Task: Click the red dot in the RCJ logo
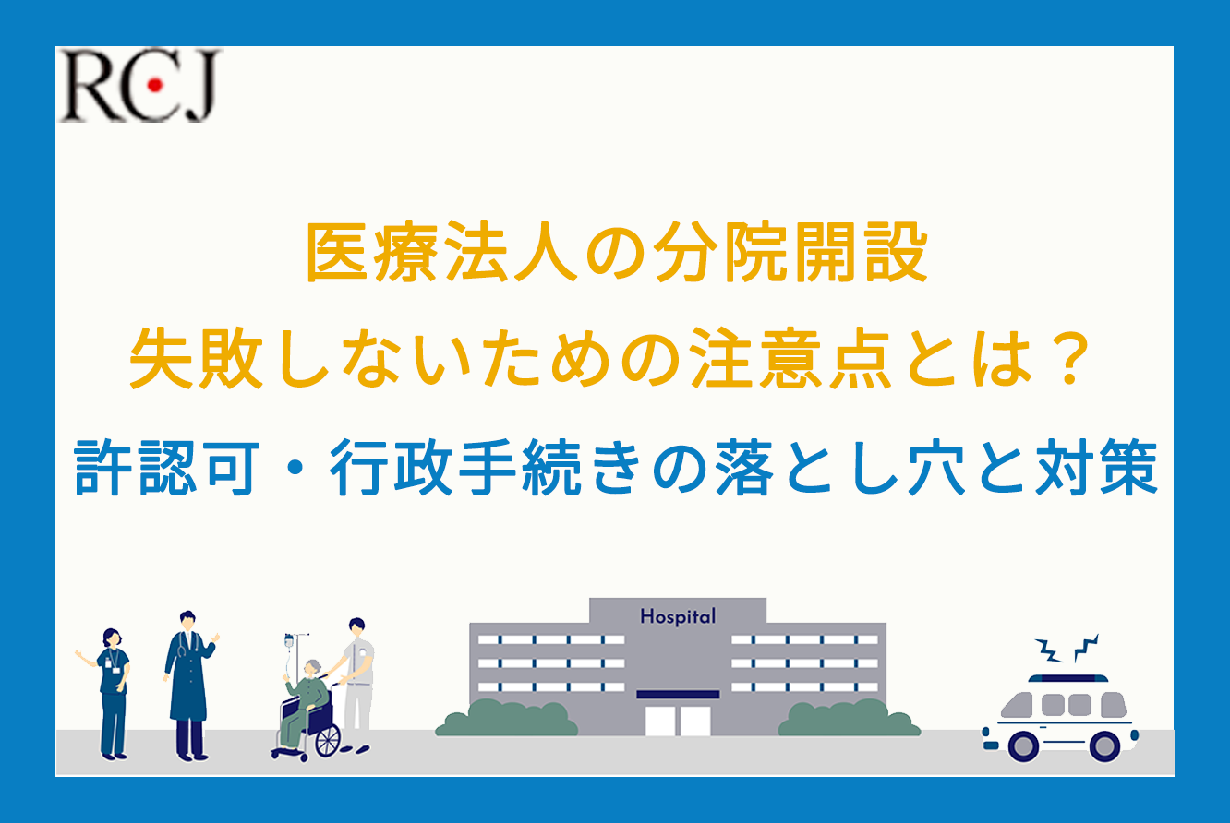pyautogui.click(x=155, y=85)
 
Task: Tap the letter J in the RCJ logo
pyautogui.click(x=199, y=87)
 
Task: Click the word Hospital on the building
pyautogui.click(x=678, y=616)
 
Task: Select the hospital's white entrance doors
pyautogui.click(x=678, y=721)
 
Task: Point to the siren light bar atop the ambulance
pyautogui.click(x=1068, y=678)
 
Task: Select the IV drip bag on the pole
pyautogui.click(x=289, y=641)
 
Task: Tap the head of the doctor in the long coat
pyautogui.click(x=187, y=621)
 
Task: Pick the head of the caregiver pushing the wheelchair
pyautogui.click(x=357, y=627)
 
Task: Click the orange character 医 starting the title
pyautogui.click(x=337, y=253)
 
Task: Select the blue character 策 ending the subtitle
pyautogui.click(x=1127, y=468)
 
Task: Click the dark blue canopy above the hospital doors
pyautogui.click(x=678, y=694)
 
